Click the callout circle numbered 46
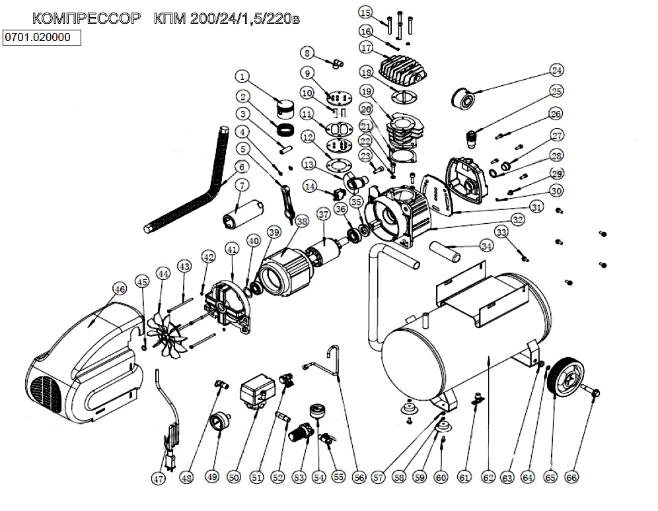[x=119, y=289]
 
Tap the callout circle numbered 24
[x=556, y=71]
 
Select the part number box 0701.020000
[x=42, y=38]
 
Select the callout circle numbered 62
[x=488, y=477]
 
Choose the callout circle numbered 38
[x=302, y=222]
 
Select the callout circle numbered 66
[x=571, y=477]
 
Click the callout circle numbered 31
[x=536, y=207]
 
